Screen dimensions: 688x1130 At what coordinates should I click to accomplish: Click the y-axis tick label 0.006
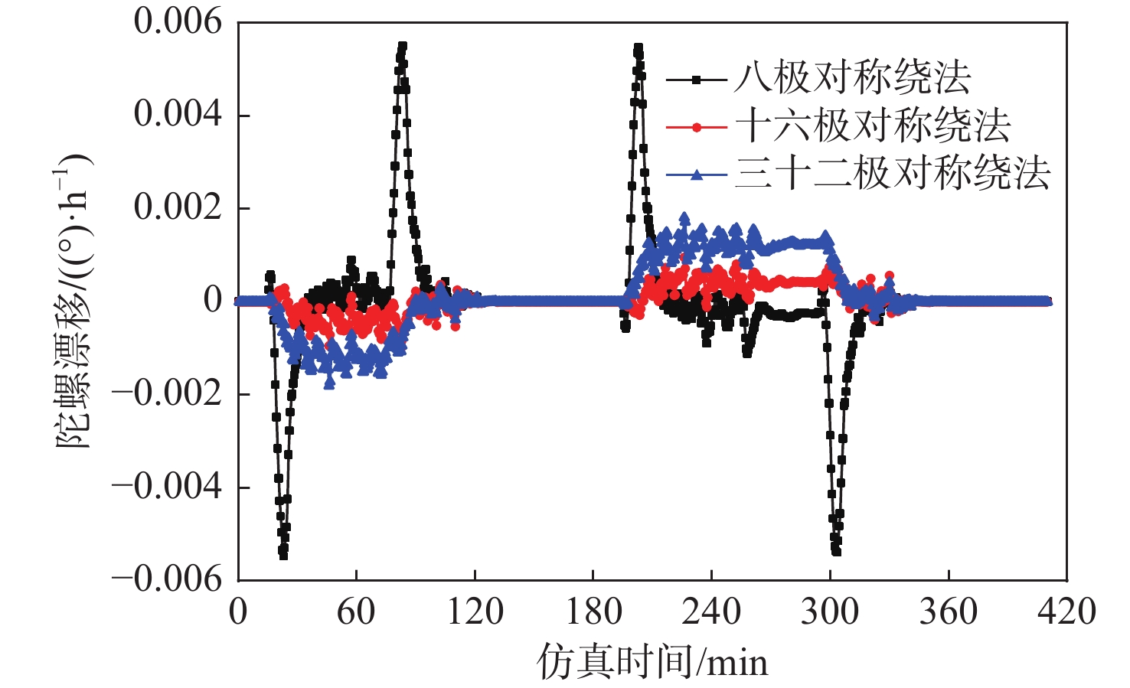coord(178,21)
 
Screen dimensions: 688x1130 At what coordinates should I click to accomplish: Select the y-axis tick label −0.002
coord(167,393)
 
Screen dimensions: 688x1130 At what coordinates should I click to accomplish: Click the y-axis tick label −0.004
coord(167,486)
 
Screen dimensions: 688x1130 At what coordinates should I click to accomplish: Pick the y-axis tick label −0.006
coord(167,579)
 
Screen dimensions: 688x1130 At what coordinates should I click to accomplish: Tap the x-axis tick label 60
coord(356,612)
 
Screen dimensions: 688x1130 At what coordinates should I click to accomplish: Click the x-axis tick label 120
coord(475,612)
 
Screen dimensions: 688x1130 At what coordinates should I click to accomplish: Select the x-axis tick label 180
coord(593,612)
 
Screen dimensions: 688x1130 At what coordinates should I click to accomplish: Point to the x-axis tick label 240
coord(711,612)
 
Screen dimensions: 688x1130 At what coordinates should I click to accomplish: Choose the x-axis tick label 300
coord(830,612)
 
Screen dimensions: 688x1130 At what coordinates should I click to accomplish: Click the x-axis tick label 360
coord(949,612)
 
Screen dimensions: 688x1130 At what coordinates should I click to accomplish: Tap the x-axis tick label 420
coord(1066,612)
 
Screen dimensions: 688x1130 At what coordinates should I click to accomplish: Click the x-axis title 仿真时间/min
coord(652,661)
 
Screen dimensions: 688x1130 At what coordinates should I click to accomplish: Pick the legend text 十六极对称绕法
coord(873,126)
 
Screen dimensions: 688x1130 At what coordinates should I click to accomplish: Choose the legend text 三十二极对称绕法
coord(893,174)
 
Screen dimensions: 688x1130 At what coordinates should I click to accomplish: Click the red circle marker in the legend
coord(696,127)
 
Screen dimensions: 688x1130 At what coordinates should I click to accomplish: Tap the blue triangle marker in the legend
coord(696,174)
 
